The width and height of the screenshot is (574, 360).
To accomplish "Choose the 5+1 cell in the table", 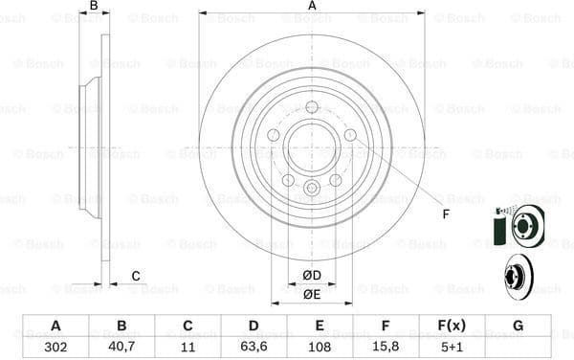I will pyautogui.click(x=453, y=348).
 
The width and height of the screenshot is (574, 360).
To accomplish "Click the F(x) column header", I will pyautogui.click(x=453, y=326).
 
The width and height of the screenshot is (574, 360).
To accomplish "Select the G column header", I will pyautogui.click(x=518, y=326).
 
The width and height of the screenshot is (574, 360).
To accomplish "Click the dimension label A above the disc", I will pyautogui.click(x=312, y=7).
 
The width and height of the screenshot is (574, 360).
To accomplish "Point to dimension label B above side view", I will pyautogui.click(x=94, y=7).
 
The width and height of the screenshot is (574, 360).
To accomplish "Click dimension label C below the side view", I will pyautogui.click(x=136, y=276).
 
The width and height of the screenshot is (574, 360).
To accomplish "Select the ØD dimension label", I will pyautogui.click(x=312, y=276).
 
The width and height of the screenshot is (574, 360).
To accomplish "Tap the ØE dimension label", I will pyautogui.click(x=312, y=294).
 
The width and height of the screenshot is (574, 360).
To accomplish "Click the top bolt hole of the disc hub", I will pyautogui.click(x=312, y=107).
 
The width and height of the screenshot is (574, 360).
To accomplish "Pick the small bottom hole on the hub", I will pyautogui.click(x=312, y=188).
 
